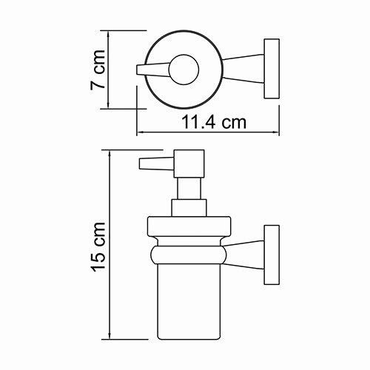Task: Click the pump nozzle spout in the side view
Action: tap(151, 164)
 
